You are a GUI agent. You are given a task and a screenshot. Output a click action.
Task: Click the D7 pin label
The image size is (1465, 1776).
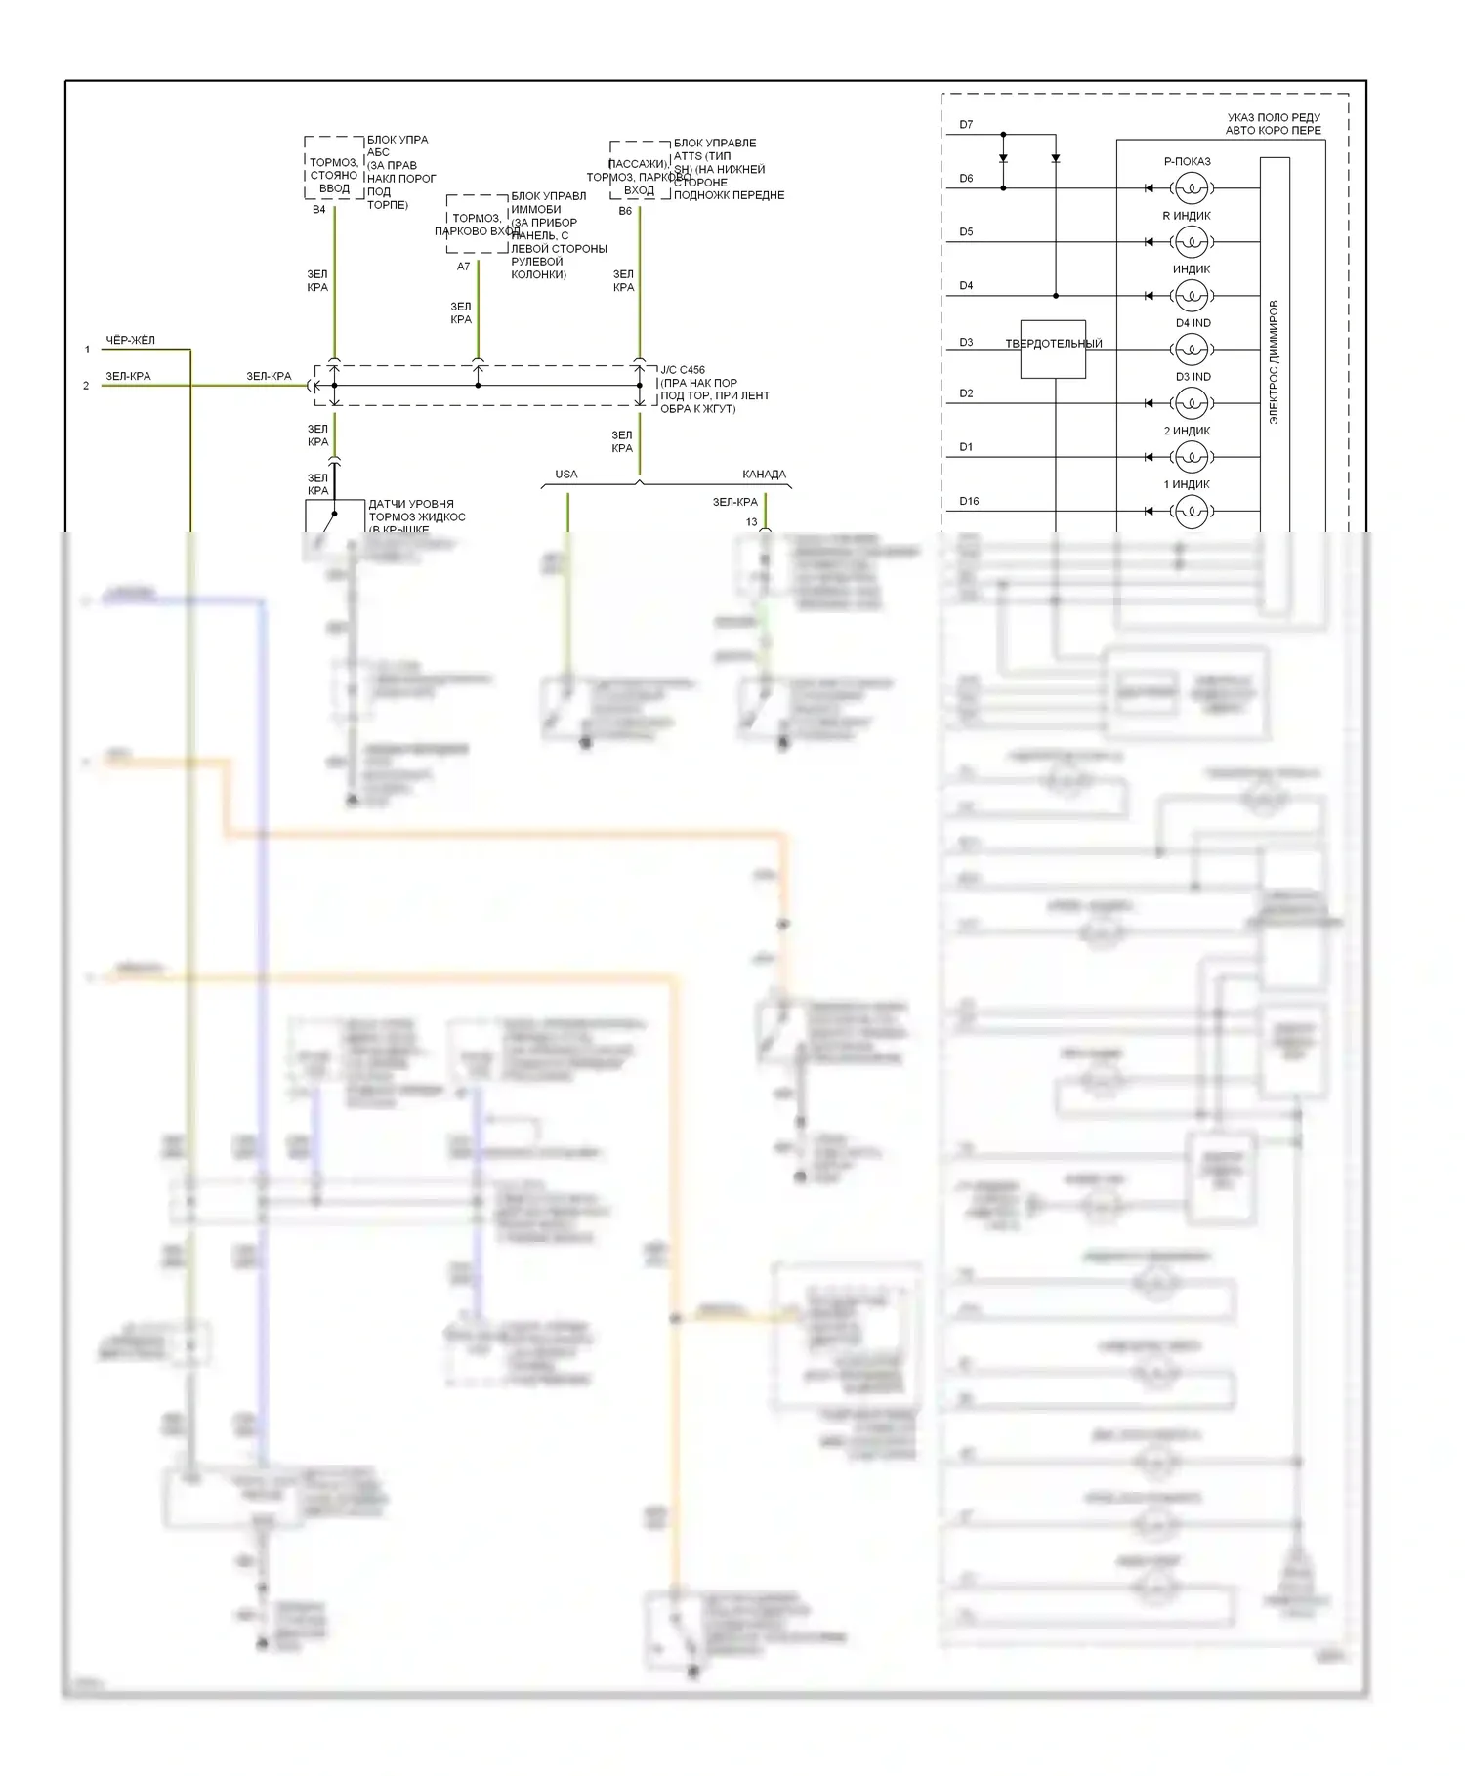[966, 125]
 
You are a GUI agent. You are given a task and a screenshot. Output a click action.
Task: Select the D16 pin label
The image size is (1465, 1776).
[969, 501]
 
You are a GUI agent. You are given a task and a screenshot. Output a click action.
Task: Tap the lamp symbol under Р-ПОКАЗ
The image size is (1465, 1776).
[1191, 187]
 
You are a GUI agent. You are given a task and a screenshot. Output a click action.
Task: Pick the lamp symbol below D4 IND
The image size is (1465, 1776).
[1191, 350]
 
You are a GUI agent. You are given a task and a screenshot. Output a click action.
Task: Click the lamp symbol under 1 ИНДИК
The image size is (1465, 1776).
[1191, 511]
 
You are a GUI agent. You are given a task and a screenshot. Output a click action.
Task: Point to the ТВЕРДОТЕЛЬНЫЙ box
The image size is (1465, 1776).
[1053, 349]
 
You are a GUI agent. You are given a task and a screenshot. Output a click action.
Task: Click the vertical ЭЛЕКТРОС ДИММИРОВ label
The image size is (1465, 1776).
[1274, 361]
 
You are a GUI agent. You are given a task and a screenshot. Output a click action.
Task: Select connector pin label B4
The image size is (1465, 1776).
[319, 210]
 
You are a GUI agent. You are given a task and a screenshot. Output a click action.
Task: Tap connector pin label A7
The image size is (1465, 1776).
[464, 267]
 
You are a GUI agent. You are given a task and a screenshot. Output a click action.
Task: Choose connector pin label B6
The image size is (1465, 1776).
[625, 211]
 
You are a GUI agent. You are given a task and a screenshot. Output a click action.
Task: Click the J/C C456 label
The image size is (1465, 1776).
[683, 370]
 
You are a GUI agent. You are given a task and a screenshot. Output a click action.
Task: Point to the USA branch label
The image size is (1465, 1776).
[566, 475]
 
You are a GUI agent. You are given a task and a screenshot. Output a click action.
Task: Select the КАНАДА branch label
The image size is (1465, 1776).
[764, 475]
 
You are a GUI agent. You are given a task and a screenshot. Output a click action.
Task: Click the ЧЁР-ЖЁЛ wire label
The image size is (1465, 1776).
[131, 340]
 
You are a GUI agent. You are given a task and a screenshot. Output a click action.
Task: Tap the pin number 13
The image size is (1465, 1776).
[751, 522]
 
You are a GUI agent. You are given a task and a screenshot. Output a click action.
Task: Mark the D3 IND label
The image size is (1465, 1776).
[1193, 377]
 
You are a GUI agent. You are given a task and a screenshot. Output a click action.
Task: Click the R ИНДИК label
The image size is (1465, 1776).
[1187, 216]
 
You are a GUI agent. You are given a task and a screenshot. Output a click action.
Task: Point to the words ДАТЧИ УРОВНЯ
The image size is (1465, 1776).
[411, 504]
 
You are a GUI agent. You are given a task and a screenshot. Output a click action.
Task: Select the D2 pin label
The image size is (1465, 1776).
[966, 393]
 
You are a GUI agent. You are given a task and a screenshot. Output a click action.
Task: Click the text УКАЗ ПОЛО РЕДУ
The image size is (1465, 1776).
[1274, 118]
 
